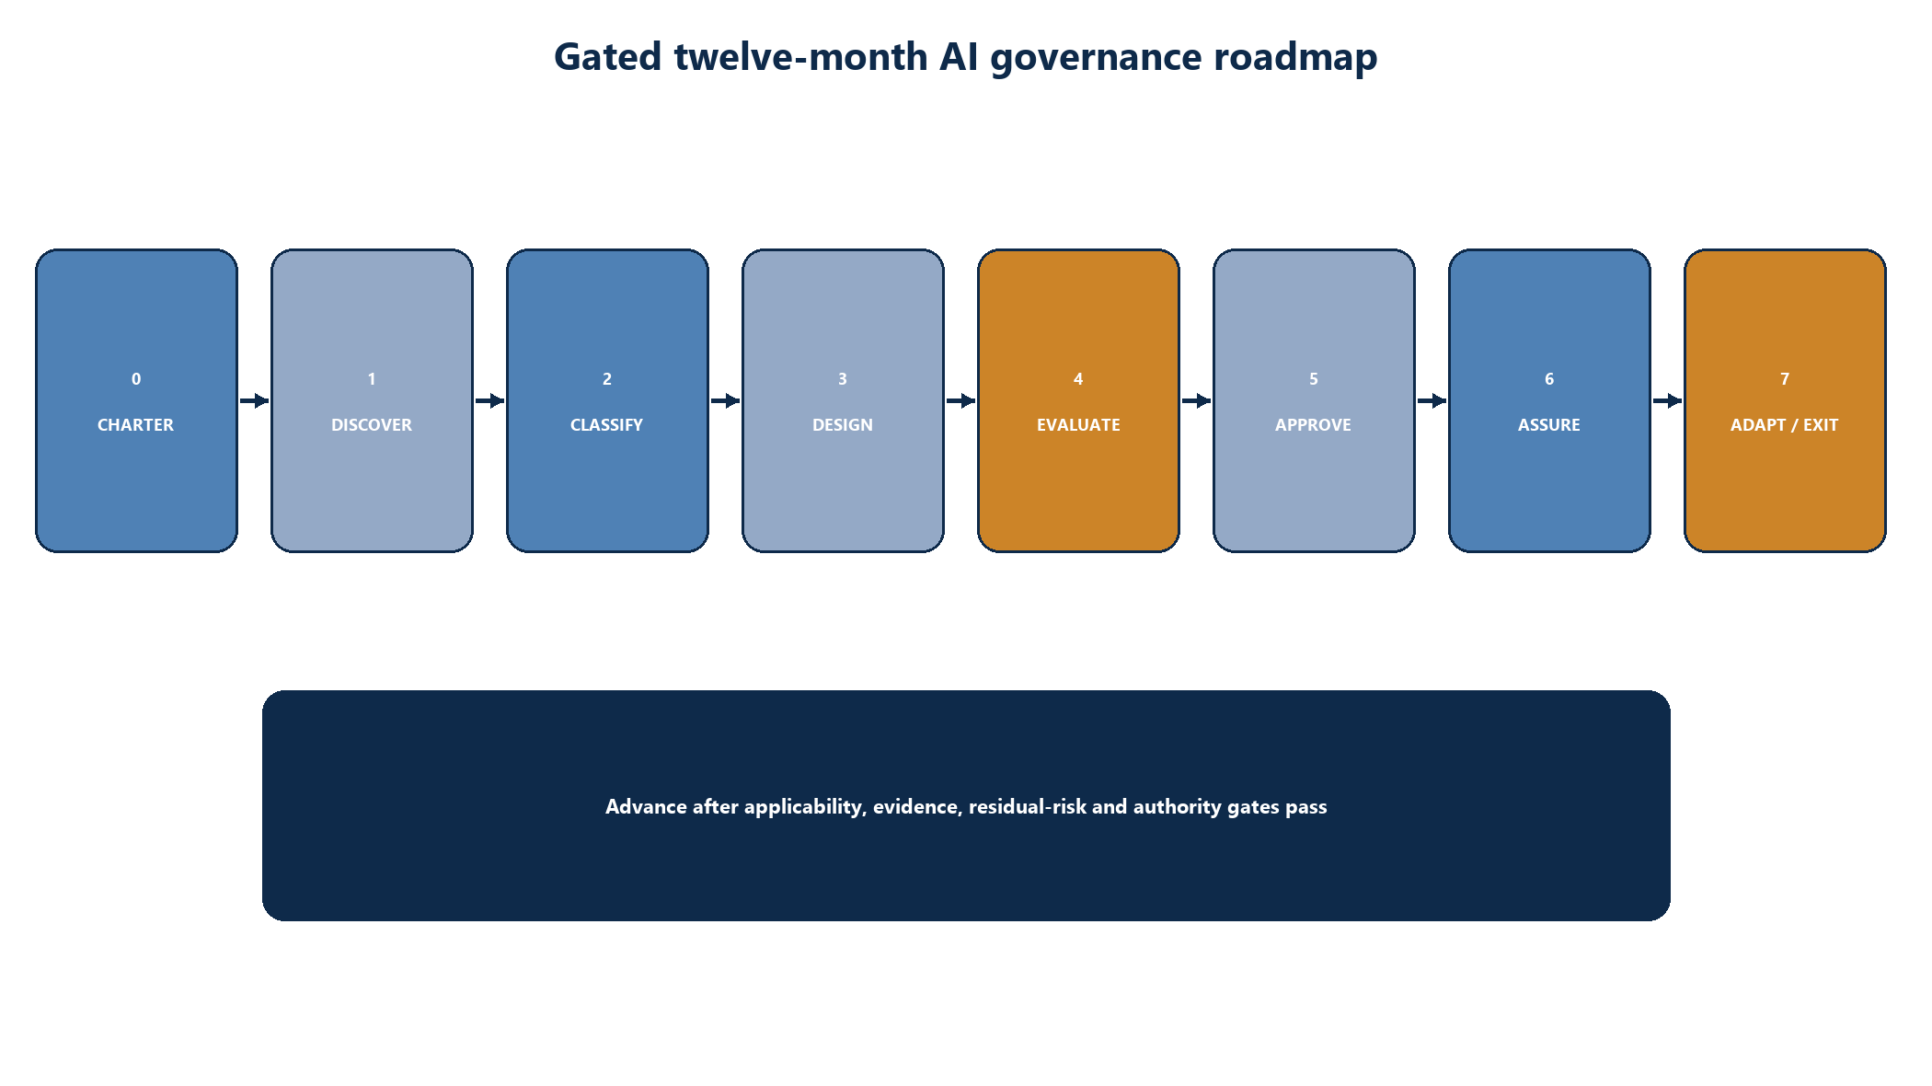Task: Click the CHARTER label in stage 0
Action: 135,425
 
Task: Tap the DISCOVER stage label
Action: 372,425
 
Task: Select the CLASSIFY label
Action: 606,425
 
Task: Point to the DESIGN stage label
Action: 843,425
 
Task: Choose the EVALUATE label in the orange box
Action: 1078,425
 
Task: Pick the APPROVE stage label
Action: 1313,425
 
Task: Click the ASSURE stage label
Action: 1549,425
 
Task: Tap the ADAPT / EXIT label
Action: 1784,425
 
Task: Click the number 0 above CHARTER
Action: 136,379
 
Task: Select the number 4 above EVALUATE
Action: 1078,379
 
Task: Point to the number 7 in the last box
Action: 1785,379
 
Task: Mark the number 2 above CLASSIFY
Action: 607,379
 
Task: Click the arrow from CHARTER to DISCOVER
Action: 254,400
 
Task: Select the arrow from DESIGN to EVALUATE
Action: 960,400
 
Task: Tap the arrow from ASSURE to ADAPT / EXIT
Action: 1667,400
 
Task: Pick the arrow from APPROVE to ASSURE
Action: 1432,400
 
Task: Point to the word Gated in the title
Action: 608,57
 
